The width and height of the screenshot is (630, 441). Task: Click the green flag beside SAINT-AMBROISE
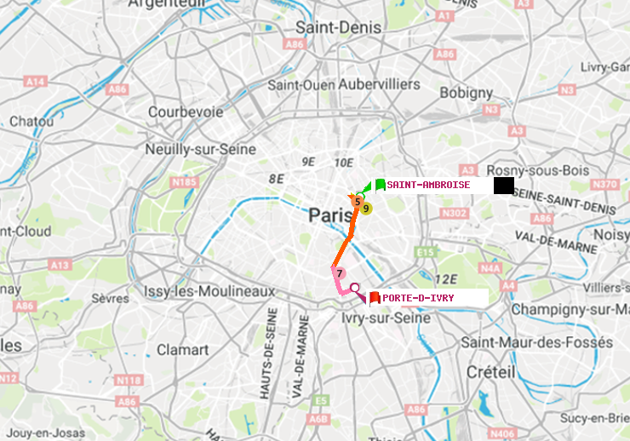pos(380,185)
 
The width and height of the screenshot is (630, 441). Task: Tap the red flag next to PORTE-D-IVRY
pos(374,297)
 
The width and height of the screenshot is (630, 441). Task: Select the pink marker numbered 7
pos(339,272)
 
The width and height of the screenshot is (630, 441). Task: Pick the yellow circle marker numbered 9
pos(366,208)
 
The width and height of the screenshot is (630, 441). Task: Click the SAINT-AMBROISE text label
pos(428,185)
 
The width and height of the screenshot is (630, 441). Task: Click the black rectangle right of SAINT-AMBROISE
pos(503,185)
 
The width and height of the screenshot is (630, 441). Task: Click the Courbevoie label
pos(186,112)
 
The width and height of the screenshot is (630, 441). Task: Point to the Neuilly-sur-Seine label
pos(201,149)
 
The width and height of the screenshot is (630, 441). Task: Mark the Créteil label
pos(490,372)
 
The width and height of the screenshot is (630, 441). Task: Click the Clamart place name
pos(182,349)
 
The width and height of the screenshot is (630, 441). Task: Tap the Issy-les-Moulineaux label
pos(209,291)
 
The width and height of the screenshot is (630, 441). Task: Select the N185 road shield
pos(184,181)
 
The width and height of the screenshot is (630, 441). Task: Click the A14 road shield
pos(35,82)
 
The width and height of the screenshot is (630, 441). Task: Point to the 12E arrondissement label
pos(444,279)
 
